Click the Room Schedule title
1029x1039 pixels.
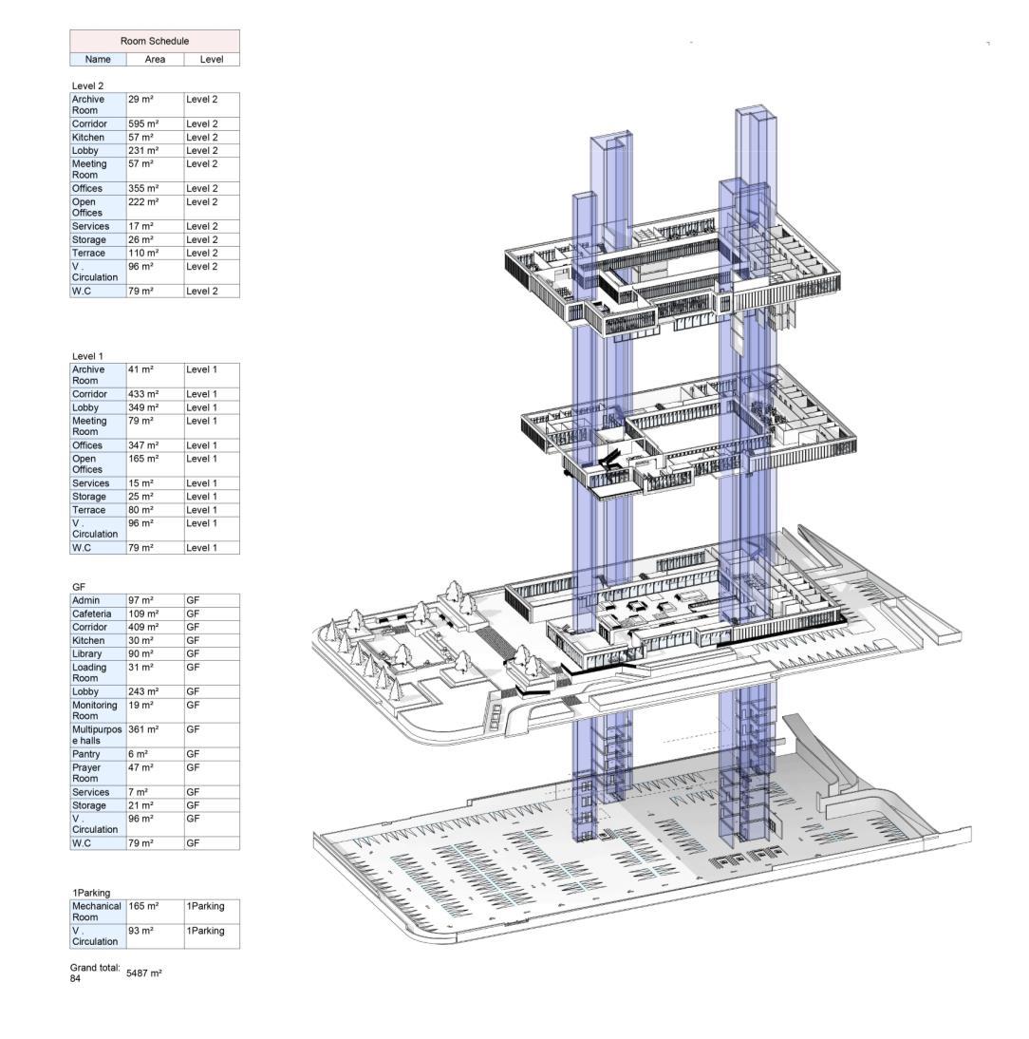click(x=155, y=41)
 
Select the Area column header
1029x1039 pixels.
click(x=155, y=59)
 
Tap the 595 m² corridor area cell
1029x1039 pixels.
click(x=143, y=123)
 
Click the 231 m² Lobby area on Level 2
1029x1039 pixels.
click(x=143, y=150)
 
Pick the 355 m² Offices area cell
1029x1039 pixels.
click(x=143, y=188)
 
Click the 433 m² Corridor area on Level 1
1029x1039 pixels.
click(x=143, y=394)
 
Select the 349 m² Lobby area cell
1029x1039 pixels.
click(x=143, y=407)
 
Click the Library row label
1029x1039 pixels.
click(x=86, y=654)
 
